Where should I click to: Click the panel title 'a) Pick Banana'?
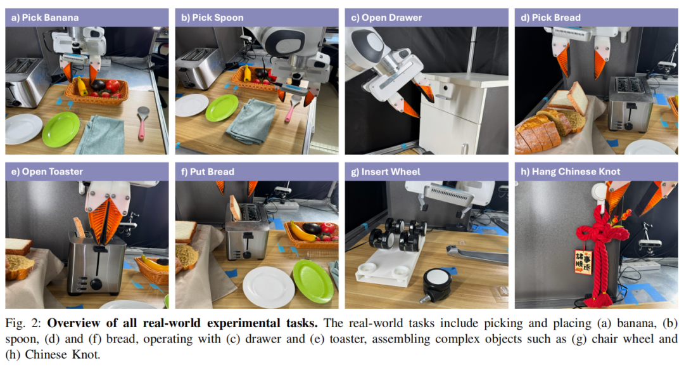point(45,18)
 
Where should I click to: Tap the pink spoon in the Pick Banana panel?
point(142,123)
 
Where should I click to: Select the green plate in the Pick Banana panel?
point(61,129)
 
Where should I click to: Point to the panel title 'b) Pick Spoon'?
point(212,18)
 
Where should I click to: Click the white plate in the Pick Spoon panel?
point(192,105)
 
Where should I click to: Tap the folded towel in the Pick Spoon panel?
point(250,121)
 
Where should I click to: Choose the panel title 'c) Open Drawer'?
point(386,18)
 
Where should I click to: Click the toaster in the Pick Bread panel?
point(630,104)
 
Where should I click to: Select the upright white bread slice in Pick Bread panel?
point(577,98)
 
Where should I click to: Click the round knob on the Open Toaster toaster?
point(96,285)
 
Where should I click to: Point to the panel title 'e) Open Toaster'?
point(47,172)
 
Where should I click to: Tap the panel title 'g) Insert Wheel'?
point(386,172)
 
